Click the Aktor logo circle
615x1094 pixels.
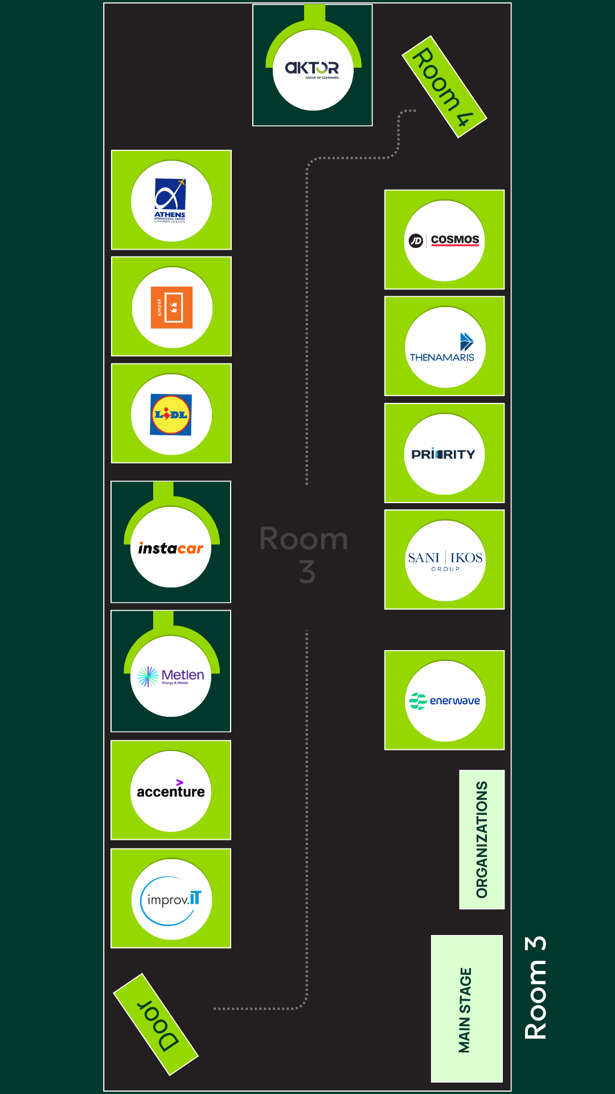(313, 70)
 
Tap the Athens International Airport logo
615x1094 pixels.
(171, 201)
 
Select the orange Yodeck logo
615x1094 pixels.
(171, 308)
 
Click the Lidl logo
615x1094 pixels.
(171, 415)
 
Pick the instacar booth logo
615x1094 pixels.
(171, 548)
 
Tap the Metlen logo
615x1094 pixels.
(171, 676)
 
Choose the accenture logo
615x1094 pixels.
(171, 791)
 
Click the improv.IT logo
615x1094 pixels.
(171, 900)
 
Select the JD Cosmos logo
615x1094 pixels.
(445, 240)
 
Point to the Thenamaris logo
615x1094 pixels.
(445, 348)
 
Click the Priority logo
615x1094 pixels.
(444, 454)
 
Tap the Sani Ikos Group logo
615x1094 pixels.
(445, 561)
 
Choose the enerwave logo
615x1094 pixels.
(445, 701)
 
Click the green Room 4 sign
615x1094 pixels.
(444, 87)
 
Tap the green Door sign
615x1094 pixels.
(156, 1024)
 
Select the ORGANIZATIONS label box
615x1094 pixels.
(482, 839)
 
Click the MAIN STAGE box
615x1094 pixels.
(466, 1009)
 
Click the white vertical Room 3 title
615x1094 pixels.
(536, 987)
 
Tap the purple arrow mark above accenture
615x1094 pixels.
(179, 782)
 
